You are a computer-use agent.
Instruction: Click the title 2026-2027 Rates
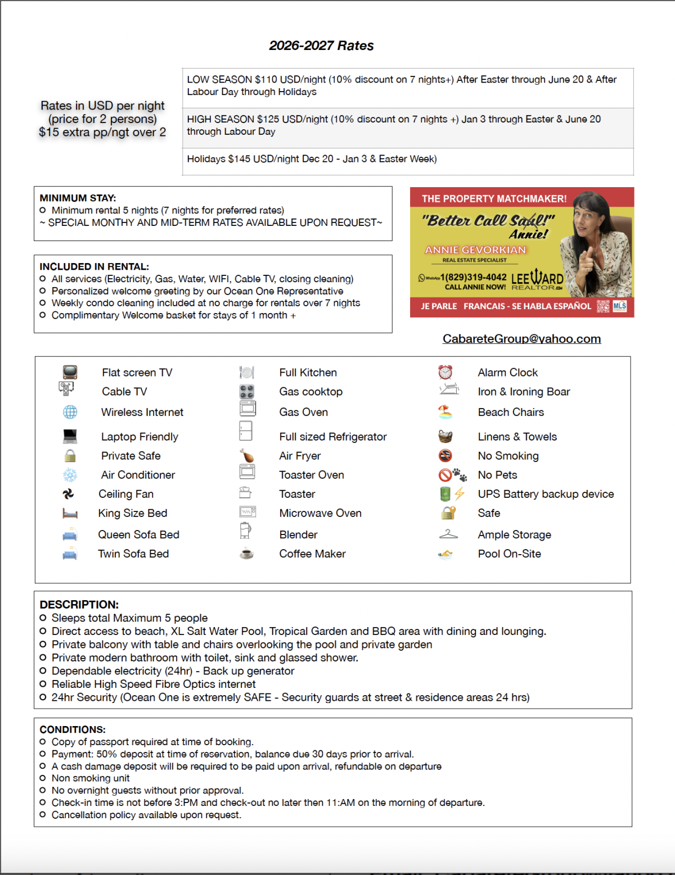(321, 46)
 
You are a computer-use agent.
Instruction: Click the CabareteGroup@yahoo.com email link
(521, 339)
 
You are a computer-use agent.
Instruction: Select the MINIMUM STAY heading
(78, 198)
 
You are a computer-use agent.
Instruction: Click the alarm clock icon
(445, 372)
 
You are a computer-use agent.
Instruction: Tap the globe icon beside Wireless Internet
(70, 412)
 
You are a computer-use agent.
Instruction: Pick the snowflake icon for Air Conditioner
(70, 475)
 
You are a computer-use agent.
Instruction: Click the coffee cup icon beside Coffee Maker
(246, 554)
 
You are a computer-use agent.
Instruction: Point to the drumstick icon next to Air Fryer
(246, 456)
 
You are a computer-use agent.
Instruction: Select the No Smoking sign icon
(445, 456)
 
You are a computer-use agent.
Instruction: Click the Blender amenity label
(298, 535)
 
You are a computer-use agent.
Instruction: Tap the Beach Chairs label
(511, 412)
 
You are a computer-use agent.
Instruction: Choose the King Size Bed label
(133, 514)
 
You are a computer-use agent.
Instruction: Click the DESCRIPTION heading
(79, 605)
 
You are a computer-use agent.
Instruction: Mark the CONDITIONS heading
(73, 729)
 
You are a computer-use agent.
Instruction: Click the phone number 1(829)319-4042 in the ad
(473, 278)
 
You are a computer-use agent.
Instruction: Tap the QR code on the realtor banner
(602, 306)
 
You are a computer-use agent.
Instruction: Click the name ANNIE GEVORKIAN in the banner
(475, 250)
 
